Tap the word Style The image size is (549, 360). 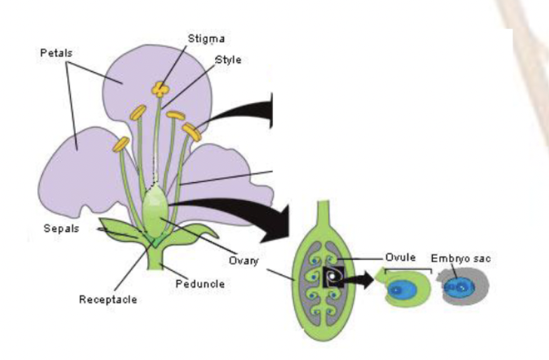pyautogui.click(x=228, y=60)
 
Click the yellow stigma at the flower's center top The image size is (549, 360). pyautogui.click(x=162, y=89)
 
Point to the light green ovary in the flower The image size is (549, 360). pyautogui.click(x=155, y=208)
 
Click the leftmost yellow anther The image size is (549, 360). pyautogui.click(x=122, y=144)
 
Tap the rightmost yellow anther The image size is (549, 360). pyautogui.click(x=192, y=130)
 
